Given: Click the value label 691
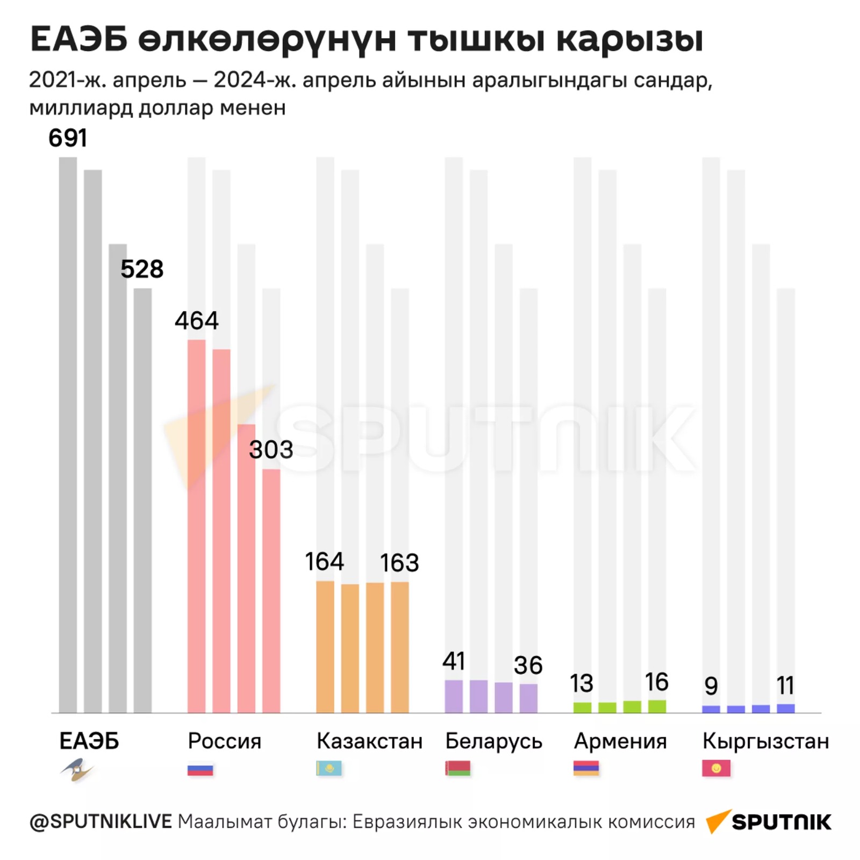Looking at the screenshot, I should point(68,138).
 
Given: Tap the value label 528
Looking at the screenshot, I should point(142,269).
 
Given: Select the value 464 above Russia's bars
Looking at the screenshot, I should point(197,321).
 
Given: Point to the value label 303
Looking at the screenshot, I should point(271,449).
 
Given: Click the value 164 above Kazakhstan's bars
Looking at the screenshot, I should point(325,562).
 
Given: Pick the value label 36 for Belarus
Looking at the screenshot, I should point(528,665).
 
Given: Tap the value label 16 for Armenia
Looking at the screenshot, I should point(656,682).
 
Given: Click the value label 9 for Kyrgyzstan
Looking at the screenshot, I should point(711,686).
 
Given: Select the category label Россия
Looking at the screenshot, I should point(225,741).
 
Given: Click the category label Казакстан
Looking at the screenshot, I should point(370,741).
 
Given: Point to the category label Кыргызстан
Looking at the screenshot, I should point(765,741).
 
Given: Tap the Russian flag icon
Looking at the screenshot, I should point(200,769).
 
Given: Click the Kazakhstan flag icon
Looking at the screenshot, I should point(329,769).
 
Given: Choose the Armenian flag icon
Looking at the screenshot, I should point(586,769).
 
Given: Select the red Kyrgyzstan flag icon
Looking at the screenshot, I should point(716,769).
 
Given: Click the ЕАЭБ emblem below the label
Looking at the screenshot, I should point(77,770).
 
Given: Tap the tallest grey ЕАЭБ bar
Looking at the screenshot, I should point(68,435).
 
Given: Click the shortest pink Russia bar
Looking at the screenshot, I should point(271,591).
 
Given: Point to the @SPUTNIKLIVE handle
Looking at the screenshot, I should point(101,822).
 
